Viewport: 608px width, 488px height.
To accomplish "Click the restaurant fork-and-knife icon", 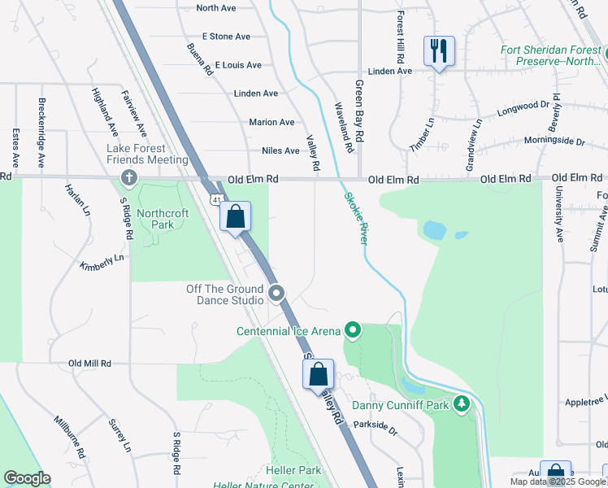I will (439, 51).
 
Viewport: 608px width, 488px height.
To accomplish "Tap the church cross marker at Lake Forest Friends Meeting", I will (128, 177).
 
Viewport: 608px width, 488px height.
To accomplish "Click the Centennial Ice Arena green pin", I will (353, 330).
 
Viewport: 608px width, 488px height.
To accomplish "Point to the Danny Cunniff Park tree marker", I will (462, 404).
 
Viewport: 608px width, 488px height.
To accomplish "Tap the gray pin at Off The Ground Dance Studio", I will (277, 294).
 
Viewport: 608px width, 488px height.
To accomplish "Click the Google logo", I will (27, 478).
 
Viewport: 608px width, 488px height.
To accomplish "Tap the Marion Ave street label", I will (271, 122).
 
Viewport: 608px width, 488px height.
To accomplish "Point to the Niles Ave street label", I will (280, 150).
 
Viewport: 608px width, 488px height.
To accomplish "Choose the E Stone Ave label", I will (226, 37).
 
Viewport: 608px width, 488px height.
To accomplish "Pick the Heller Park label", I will (293, 471).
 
